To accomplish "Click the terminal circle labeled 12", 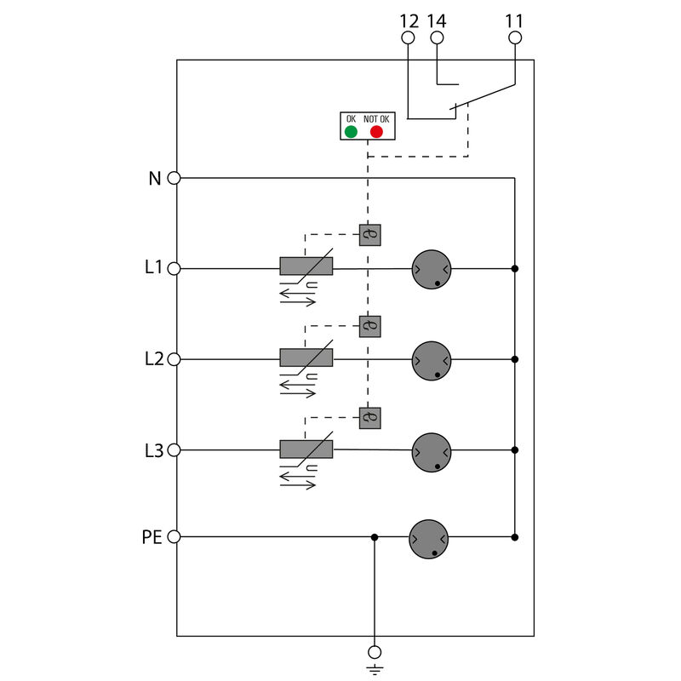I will [408, 38].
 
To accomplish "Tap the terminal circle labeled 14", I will [438, 38].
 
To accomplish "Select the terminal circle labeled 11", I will [515, 38].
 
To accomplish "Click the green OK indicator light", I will [351, 132].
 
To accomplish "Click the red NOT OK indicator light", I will [376, 132].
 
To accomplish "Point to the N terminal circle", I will [174, 178].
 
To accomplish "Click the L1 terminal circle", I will [174, 269].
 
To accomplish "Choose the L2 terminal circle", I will [174, 359].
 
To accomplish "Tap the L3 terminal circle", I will [174, 450].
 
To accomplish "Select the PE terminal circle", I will [174, 537].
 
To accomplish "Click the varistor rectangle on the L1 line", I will [306, 266].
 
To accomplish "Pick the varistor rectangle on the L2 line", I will [306, 357].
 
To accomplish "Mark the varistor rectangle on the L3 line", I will [306, 449].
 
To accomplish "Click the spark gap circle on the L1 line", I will [431, 270].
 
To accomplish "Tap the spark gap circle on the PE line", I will [428, 539].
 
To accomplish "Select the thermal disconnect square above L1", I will [369, 235].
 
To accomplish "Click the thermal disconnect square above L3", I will [369, 418].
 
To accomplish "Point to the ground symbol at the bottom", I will [374, 659].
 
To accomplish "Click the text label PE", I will [151, 538].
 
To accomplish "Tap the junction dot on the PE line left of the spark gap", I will [374, 537].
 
